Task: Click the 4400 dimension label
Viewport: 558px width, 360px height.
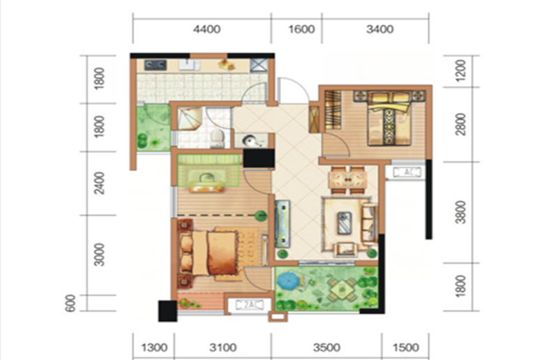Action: point(206,29)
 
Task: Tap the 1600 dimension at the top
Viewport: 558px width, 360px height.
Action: point(301,29)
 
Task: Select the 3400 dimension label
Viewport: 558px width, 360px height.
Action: point(379,29)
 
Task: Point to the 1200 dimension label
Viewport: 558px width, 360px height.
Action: point(460,70)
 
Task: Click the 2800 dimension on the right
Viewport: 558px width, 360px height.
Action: point(460,124)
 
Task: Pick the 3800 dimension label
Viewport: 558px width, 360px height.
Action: point(460,212)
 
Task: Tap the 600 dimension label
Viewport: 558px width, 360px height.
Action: point(71,303)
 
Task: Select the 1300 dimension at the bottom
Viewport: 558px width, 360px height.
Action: point(154,347)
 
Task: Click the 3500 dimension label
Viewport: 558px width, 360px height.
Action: point(326,347)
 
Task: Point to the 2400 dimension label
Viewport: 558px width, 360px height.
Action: point(99,183)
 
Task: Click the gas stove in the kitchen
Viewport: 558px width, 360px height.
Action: point(155,65)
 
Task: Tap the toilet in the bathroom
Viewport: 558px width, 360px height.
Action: point(217,138)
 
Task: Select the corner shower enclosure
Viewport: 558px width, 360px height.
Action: point(189,119)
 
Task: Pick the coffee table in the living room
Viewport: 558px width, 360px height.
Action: point(344,223)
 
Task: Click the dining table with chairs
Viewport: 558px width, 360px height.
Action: point(348,180)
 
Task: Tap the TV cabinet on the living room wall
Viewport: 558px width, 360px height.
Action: point(282,224)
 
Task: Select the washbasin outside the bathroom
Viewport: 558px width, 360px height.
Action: point(252,140)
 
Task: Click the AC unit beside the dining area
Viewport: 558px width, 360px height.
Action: point(407,172)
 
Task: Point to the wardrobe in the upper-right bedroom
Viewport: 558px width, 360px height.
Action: point(333,110)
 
